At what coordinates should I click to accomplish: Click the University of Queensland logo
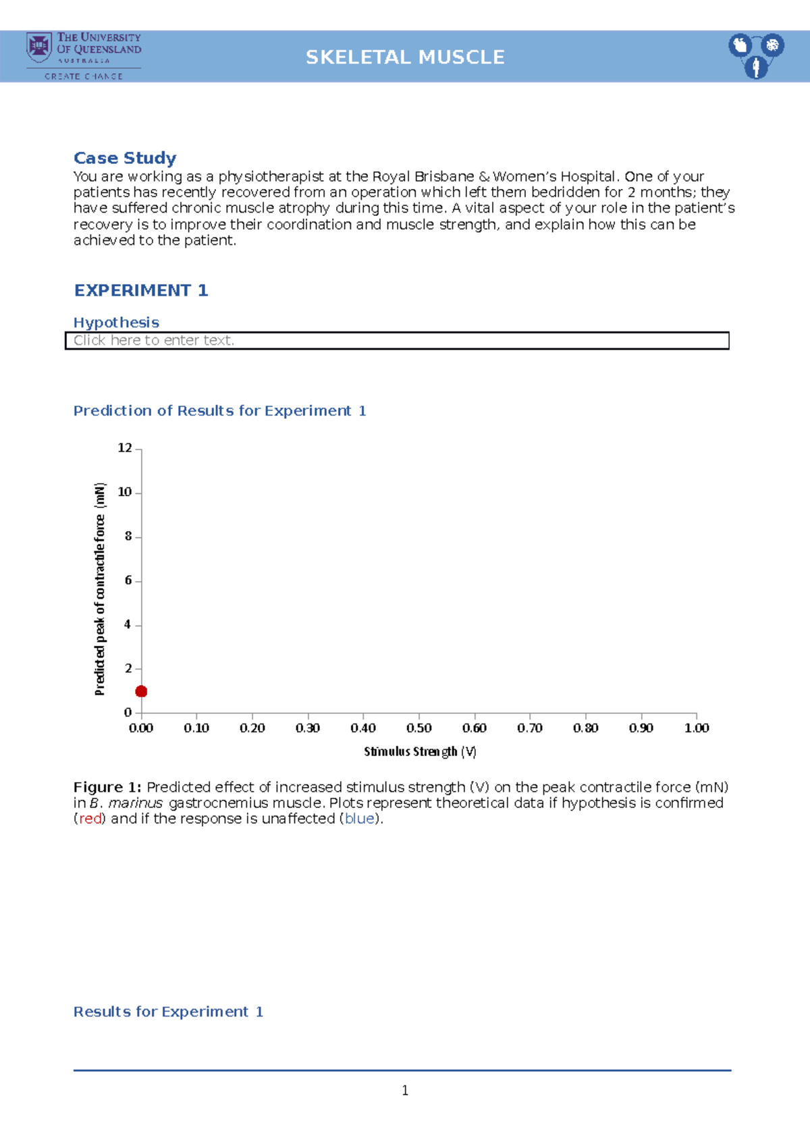84,56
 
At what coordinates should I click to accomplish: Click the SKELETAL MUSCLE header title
405,57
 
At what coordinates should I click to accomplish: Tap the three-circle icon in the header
756,55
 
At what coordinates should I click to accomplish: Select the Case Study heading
125,158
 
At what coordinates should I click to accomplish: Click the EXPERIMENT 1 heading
141,290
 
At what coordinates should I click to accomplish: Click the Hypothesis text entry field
397,341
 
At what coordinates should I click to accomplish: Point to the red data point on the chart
141,691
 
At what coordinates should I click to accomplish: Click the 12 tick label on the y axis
125,448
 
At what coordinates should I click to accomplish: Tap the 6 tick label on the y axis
128,580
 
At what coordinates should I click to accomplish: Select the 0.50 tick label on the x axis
419,728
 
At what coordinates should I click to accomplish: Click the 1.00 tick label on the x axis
697,728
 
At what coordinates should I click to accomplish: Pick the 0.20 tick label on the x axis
252,728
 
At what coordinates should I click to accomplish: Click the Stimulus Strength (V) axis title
420,751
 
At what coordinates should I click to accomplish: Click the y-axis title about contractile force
100,589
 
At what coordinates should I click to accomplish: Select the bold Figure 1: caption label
107,787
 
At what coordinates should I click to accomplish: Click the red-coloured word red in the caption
90,819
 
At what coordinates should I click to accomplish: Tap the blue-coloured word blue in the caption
359,819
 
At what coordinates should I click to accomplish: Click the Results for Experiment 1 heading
168,1012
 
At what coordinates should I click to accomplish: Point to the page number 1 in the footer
405,1091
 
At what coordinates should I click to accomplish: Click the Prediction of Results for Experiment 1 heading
219,411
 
